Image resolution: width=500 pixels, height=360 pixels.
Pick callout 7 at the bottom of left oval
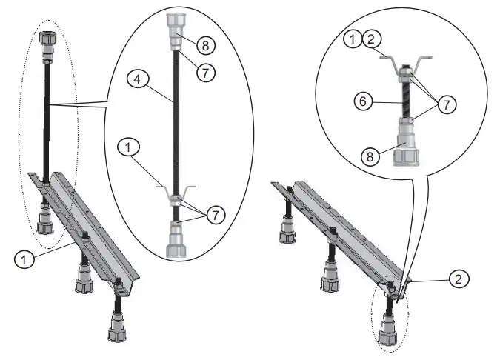(x=216, y=216)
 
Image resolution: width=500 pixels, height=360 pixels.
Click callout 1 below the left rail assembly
(x=24, y=259)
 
